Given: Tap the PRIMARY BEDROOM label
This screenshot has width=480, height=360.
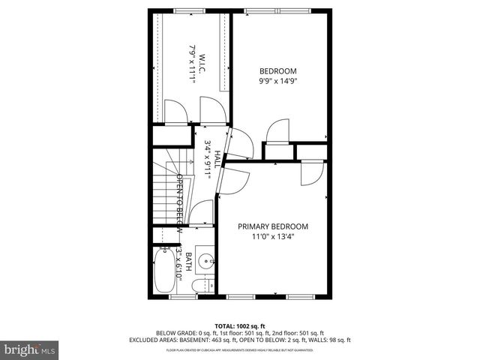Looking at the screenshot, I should coord(273,226).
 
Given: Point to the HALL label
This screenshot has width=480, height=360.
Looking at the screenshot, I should coord(217,160).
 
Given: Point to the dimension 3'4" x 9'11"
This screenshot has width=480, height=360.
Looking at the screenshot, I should coord(206,159).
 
